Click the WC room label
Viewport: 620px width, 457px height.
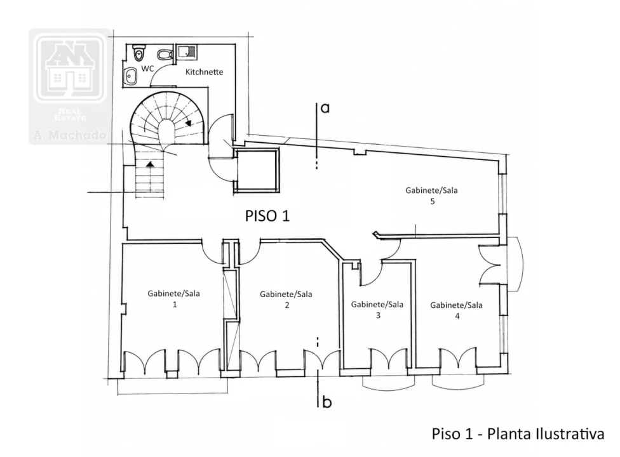click(147, 69)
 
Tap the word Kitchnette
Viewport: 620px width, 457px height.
click(204, 72)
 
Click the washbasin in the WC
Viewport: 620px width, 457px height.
click(130, 76)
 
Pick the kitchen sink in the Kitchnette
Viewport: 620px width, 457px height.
click(186, 52)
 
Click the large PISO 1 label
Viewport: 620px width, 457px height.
click(267, 216)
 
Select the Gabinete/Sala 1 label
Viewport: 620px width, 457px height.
click(173, 299)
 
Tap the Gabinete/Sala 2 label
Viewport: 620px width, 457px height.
click(286, 300)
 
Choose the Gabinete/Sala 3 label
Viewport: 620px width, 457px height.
click(377, 310)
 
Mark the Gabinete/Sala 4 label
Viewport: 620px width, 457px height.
click(456, 310)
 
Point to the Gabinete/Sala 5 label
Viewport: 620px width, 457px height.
click(431, 195)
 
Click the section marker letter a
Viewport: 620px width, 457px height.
click(325, 108)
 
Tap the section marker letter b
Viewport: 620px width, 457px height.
click(327, 402)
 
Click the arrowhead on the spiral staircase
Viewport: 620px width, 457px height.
click(189, 123)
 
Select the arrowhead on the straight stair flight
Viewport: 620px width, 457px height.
click(151, 164)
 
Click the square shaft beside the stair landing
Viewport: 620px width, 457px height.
click(257, 171)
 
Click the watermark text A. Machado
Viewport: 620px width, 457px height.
click(70, 135)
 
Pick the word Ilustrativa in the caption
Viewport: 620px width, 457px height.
click(570, 434)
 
